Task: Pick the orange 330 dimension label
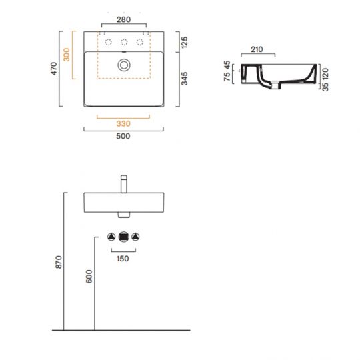click(x=123, y=123)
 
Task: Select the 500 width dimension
click(x=123, y=137)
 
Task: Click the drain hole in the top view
click(x=123, y=65)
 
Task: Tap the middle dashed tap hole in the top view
click(x=123, y=43)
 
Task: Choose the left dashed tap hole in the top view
click(x=107, y=43)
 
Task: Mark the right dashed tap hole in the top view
click(x=140, y=43)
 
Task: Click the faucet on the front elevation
click(x=123, y=184)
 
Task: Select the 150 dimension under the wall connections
click(x=123, y=258)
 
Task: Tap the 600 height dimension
click(x=89, y=277)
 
